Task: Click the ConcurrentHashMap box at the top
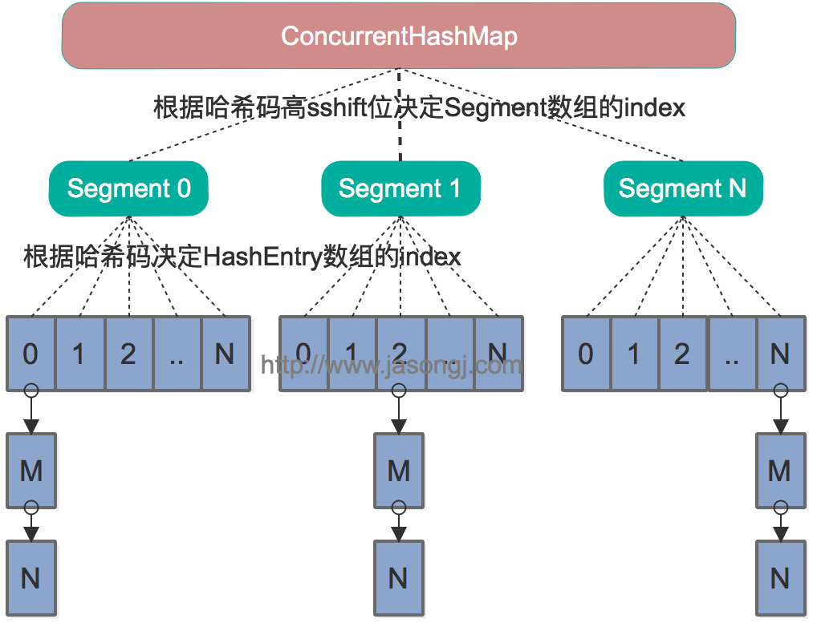[399, 36]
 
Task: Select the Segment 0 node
[128, 189]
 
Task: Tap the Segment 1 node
[400, 189]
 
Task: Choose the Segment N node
[682, 189]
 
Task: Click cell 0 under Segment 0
[30, 354]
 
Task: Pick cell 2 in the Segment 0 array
[128, 354]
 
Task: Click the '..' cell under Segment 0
[177, 354]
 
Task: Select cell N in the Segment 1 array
[498, 354]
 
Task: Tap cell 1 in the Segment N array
[634, 354]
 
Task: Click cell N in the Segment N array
[780, 354]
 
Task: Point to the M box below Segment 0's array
[30, 471]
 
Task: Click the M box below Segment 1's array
[399, 471]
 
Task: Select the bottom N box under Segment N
[780, 577]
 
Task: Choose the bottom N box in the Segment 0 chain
[30, 577]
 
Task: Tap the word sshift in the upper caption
[340, 107]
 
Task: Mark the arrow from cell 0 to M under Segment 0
[30, 414]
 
